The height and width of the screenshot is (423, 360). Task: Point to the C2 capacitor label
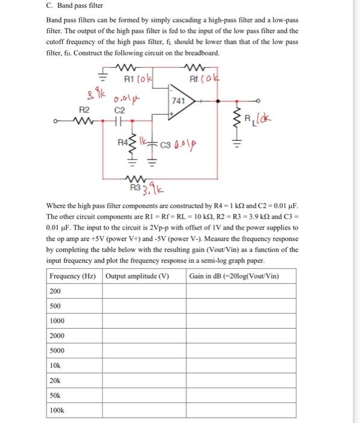coord(120,111)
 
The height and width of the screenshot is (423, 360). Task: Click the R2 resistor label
coord(85,111)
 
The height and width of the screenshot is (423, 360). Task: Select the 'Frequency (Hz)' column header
coord(74,276)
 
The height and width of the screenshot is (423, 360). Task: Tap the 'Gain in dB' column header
coord(234,276)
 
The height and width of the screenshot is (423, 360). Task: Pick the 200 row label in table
coord(56,291)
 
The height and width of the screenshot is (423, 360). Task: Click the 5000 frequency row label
coord(57,350)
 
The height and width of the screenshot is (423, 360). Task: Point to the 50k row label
coord(55,394)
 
